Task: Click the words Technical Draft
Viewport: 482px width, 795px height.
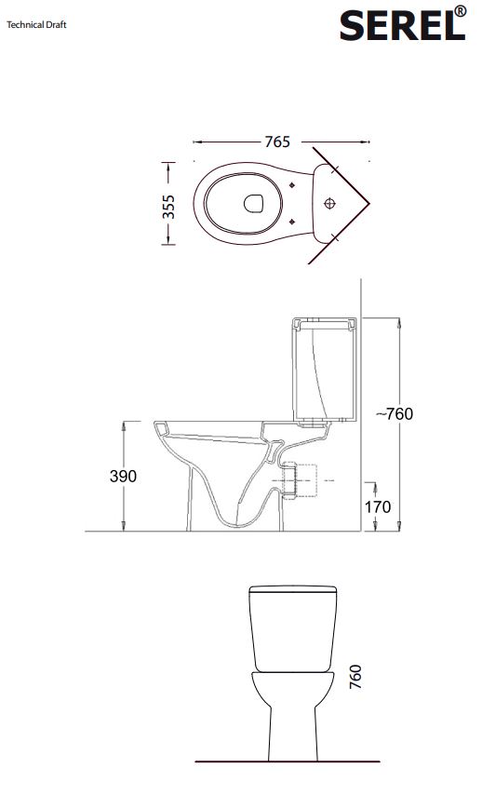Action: coord(36,24)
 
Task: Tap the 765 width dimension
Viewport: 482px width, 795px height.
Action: coord(277,141)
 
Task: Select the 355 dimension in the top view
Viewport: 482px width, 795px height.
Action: coord(168,207)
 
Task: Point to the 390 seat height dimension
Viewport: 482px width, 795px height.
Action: coord(123,476)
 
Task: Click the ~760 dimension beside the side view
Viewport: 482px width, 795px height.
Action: coord(395,413)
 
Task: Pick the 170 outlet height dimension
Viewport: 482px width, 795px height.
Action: coord(378,506)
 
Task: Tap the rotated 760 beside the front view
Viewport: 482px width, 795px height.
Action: coord(355,677)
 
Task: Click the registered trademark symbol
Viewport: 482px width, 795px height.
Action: coord(460,11)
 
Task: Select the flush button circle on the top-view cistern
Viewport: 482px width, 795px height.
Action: coord(330,203)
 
